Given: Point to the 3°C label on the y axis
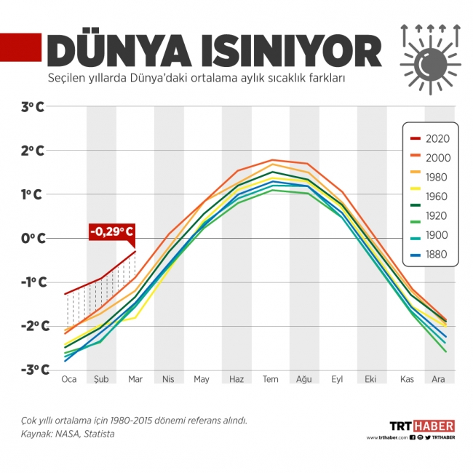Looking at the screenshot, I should click(x=33, y=107).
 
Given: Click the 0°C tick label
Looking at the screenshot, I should click(x=33, y=238).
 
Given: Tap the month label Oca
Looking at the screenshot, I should click(x=69, y=379).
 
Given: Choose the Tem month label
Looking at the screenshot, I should click(x=271, y=379).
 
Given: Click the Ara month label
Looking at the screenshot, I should click(x=438, y=379).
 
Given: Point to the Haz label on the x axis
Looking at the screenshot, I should click(x=236, y=379).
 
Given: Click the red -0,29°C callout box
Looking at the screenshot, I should click(x=111, y=233).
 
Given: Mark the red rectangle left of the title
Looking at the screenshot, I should click(x=20, y=47).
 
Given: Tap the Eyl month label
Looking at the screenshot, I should click(x=337, y=379).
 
